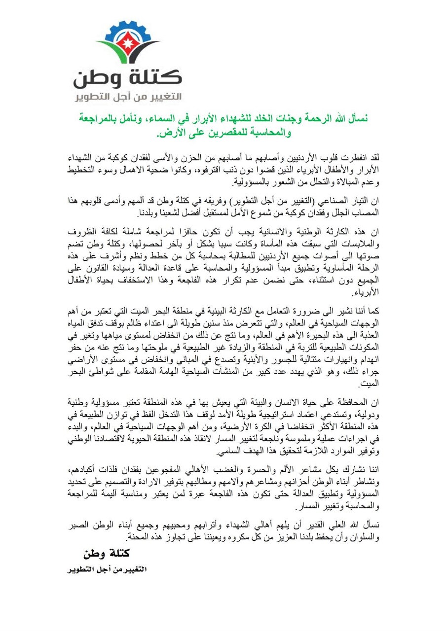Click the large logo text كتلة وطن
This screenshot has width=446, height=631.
click(x=128, y=77)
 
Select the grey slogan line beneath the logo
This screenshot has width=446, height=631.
click(x=128, y=96)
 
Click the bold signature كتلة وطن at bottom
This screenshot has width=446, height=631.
click(x=106, y=553)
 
